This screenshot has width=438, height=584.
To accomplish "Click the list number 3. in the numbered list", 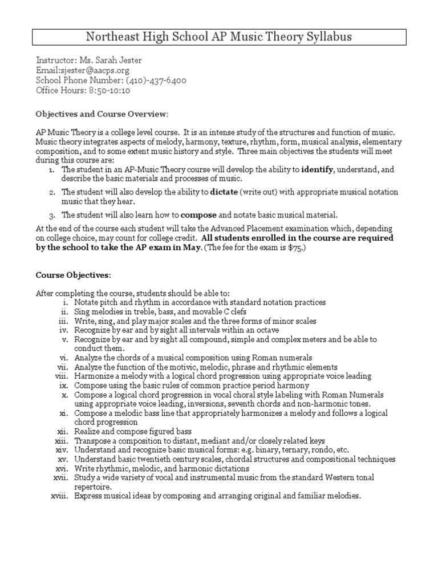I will [51, 216].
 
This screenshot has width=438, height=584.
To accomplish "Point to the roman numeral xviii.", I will [60, 496].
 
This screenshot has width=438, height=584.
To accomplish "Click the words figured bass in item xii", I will [169, 431].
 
